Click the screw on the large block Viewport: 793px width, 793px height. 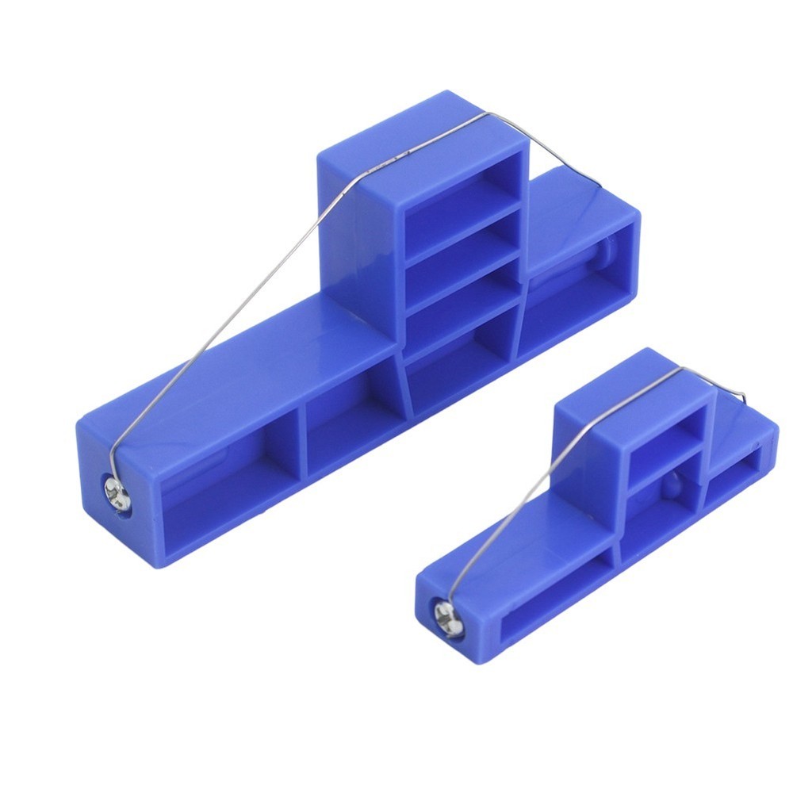tap(118, 495)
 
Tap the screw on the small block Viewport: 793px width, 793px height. tap(448, 616)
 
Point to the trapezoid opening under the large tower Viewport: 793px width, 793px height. tap(458, 361)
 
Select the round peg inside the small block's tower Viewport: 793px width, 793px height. tap(671, 485)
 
